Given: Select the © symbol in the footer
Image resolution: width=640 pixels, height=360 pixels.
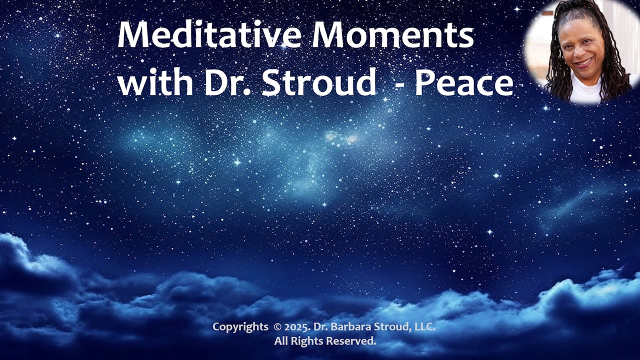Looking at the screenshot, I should coord(277,327).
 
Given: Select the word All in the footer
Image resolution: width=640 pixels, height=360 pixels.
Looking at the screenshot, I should coord(281,341).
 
